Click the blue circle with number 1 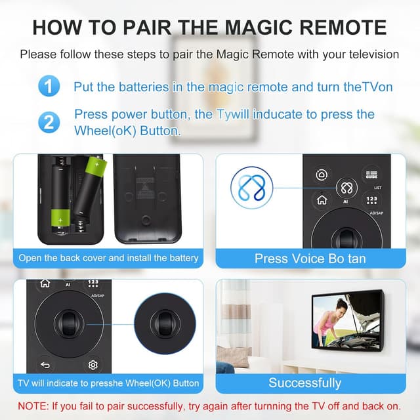click(49, 86)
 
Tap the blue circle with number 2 click(49, 122)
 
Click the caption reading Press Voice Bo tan click(310, 259)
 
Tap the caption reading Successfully click(304, 383)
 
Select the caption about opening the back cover click(108, 258)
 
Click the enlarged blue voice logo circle click(251, 188)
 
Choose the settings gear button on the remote click(93, 365)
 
